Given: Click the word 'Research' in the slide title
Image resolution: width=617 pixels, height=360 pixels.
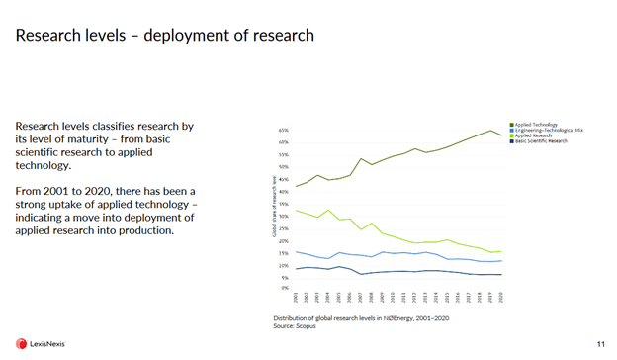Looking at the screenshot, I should click(x=47, y=36).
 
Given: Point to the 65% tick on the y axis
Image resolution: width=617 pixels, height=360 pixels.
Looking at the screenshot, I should click(x=284, y=131).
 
